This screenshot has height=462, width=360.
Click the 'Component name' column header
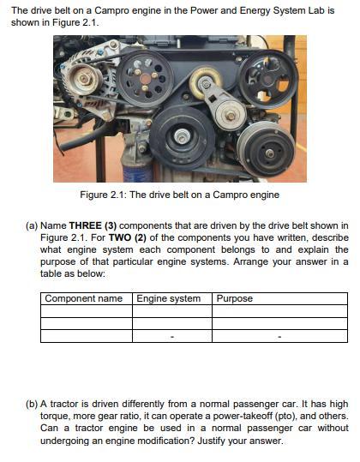coord(83,299)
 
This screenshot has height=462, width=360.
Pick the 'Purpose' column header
coord(235,299)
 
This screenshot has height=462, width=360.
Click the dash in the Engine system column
coord(171,337)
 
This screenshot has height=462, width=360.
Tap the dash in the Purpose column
coord(279,337)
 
